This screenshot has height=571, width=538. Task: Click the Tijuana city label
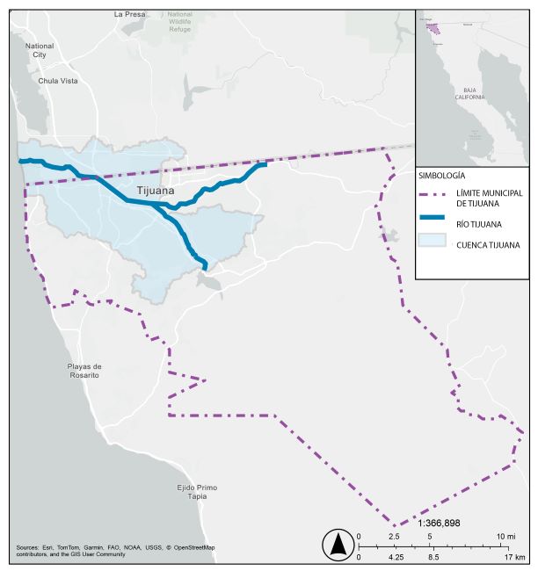coord(156,190)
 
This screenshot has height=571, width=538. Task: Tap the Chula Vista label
coord(58,81)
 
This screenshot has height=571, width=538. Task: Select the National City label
coord(40,50)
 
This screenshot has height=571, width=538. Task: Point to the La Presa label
coord(130,14)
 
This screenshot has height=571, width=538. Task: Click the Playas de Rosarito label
coord(85,371)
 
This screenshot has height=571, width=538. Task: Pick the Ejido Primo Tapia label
coord(196,492)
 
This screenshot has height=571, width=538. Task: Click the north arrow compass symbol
coord(338,546)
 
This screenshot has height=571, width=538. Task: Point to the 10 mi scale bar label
coord(505,536)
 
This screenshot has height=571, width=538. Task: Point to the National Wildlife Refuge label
coord(180,21)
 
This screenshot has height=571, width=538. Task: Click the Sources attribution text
coord(115,551)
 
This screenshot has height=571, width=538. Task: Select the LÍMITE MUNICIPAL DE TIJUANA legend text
coord(489,198)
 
